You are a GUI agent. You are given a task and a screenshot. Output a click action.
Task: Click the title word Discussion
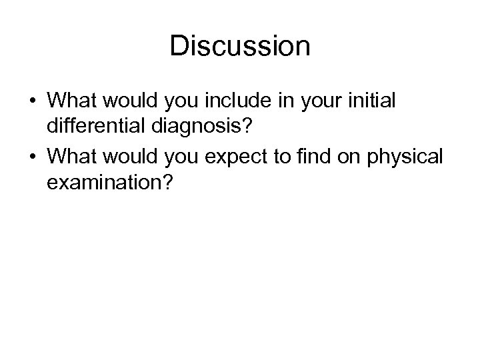240,47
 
